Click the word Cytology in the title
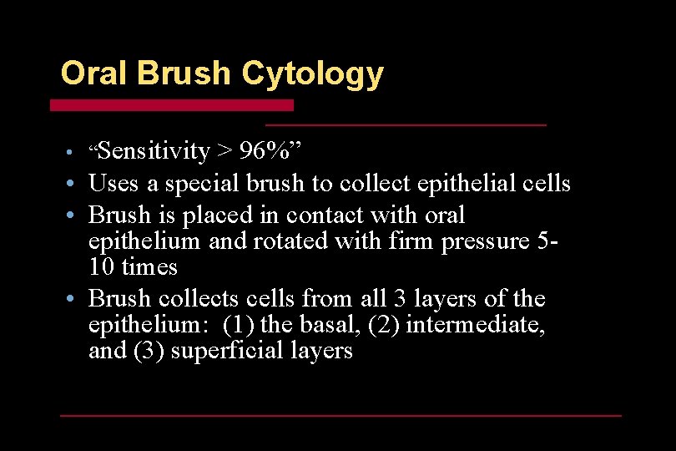[x=312, y=74]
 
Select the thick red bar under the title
[x=172, y=105]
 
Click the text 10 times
[x=133, y=267]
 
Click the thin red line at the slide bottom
[x=341, y=415]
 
